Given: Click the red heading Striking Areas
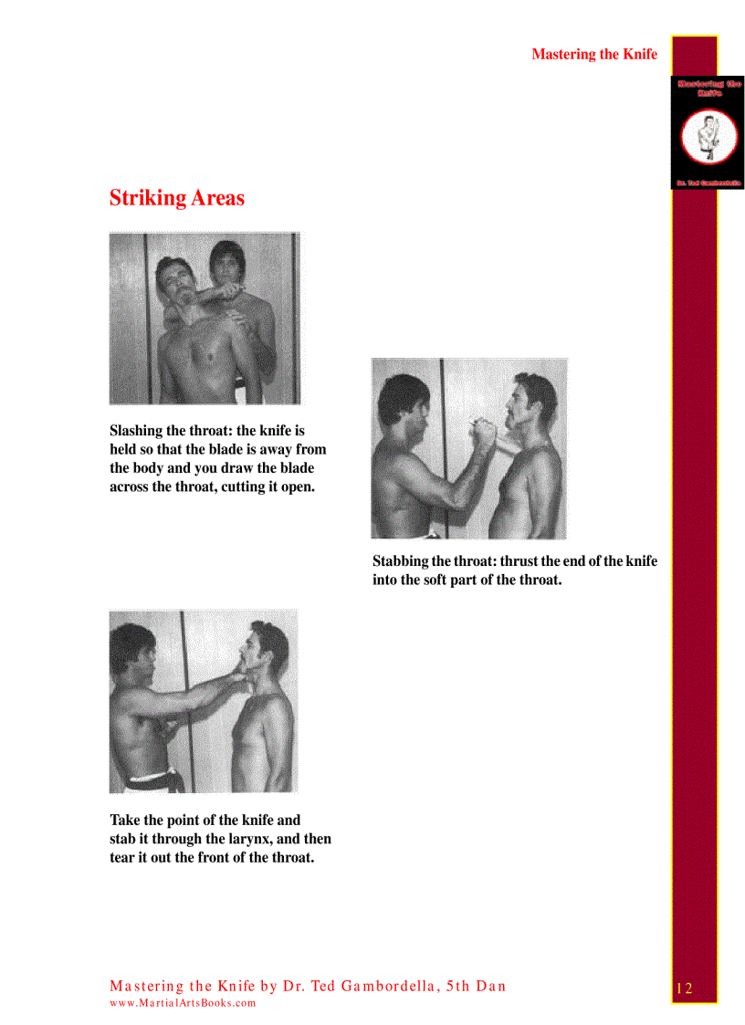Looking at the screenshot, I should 176,198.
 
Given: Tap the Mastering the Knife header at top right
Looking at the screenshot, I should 593,55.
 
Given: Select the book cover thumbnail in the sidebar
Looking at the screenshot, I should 708,132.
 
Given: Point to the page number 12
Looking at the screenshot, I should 685,988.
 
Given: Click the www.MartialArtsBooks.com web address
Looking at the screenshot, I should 183,1003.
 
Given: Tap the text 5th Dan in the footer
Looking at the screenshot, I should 476,986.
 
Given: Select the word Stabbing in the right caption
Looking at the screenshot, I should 399,561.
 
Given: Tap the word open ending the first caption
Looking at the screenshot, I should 294,486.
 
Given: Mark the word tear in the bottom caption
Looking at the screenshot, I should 124,857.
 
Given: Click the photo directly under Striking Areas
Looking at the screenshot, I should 205,318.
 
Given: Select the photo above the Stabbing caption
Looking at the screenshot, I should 468,448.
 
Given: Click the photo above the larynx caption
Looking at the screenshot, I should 203,701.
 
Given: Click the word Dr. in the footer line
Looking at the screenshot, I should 295,986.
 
